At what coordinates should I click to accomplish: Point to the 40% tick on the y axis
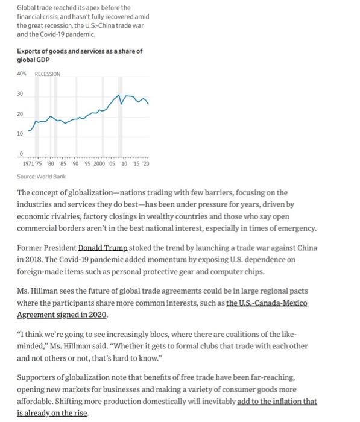(x=23, y=74)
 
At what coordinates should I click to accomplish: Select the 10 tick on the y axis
(x=19, y=133)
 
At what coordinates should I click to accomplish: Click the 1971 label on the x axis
(x=28, y=163)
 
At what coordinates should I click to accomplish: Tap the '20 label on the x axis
(x=146, y=163)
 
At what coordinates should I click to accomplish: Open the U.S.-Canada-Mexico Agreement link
(x=267, y=303)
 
